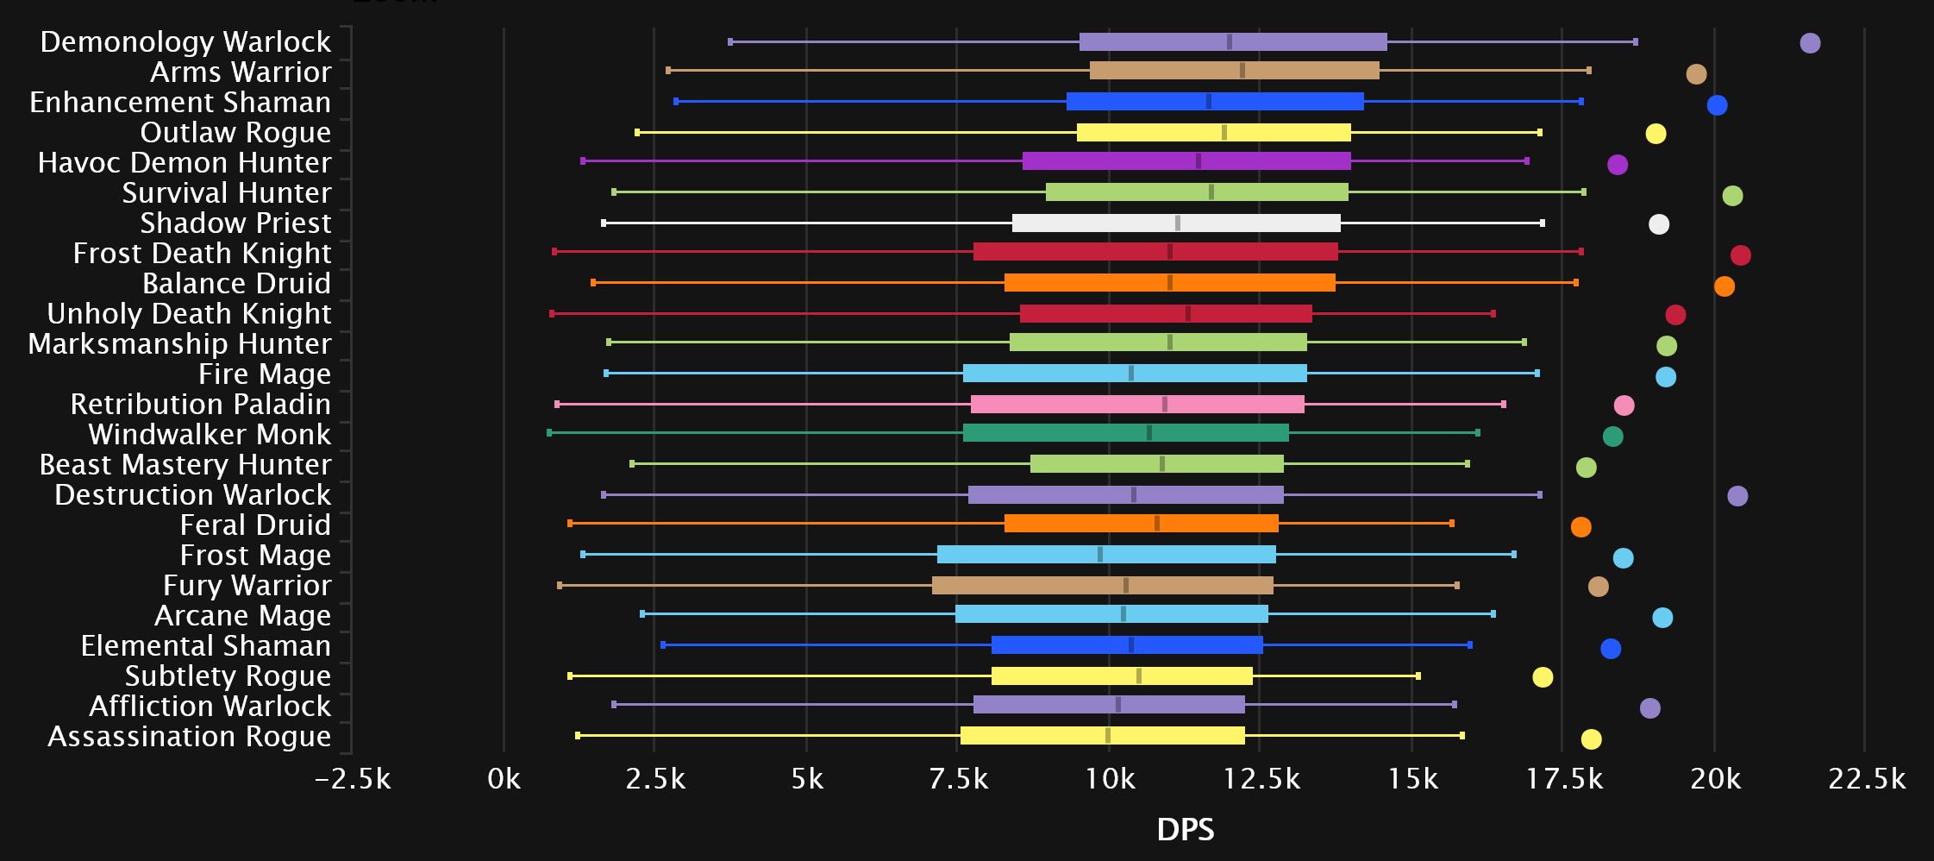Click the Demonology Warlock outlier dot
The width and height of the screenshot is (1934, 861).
[x=1810, y=43]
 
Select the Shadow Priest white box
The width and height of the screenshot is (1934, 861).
[x=1176, y=223]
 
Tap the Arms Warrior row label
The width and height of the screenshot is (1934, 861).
[x=241, y=72]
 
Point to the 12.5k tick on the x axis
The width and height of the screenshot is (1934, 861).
[x=1262, y=780]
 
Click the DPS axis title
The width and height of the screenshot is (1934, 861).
[x=1186, y=830]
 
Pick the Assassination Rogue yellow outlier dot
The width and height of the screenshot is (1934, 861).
[x=1591, y=739]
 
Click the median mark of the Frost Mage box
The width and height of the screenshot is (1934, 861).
[x=1100, y=555]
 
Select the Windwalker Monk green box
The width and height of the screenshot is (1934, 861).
[x=1125, y=433]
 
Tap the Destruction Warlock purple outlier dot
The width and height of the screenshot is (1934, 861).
[x=1737, y=496]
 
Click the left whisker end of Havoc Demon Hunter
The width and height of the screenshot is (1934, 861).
[x=584, y=161]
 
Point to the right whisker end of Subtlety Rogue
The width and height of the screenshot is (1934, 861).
[x=1418, y=676]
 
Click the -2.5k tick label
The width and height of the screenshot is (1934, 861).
[x=353, y=780]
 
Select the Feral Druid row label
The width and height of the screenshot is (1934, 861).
[x=255, y=525]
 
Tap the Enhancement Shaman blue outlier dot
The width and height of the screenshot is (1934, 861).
[x=1717, y=105]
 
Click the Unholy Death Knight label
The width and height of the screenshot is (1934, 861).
[x=189, y=314]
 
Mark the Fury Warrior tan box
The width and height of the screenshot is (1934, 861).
[x=1102, y=586]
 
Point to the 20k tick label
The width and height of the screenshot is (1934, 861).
[x=1715, y=780]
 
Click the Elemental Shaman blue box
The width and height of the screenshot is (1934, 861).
[x=1127, y=645]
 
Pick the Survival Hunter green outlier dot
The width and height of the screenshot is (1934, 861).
[x=1732, y=196]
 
